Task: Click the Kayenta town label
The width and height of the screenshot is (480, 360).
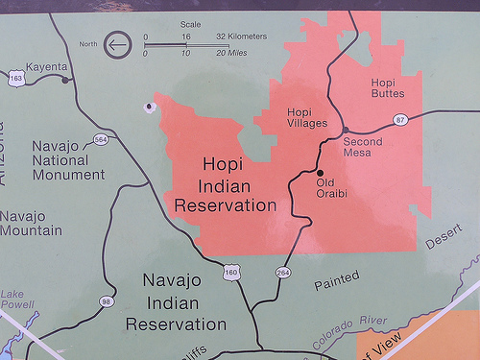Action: pyautogui.click(x=45, y=66)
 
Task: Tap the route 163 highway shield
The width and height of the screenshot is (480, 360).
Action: pyautogui.click(x=15, y=78)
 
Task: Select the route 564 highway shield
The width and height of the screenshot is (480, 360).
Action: pyautogui.click(x=101, y=139)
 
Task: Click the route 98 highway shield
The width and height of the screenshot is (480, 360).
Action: pyautogui.click(x=106, y=302)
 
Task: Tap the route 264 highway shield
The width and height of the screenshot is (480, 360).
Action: pyautogui.click(x=283, y=273)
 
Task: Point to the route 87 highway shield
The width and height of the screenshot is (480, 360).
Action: pyautogui.click(x=400, y=119)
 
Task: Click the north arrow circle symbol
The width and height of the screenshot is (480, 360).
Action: pyautogui.click(x=118, y=44)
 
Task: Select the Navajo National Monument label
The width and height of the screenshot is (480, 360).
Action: pyautogui.click(x=68, y=160)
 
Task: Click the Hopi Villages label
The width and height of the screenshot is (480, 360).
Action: pyautogui.click(x=307, y=118)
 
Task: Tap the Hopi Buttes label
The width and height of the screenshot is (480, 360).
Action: pyautogui.click(x=388, y=87)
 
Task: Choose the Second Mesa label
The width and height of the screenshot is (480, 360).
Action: pyautogui.click(x=363, y=147)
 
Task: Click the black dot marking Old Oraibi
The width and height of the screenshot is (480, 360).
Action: pyautogui.click(x=321, y=173)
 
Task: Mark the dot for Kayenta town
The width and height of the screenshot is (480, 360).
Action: pyautogui.click(x=64, y=80)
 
